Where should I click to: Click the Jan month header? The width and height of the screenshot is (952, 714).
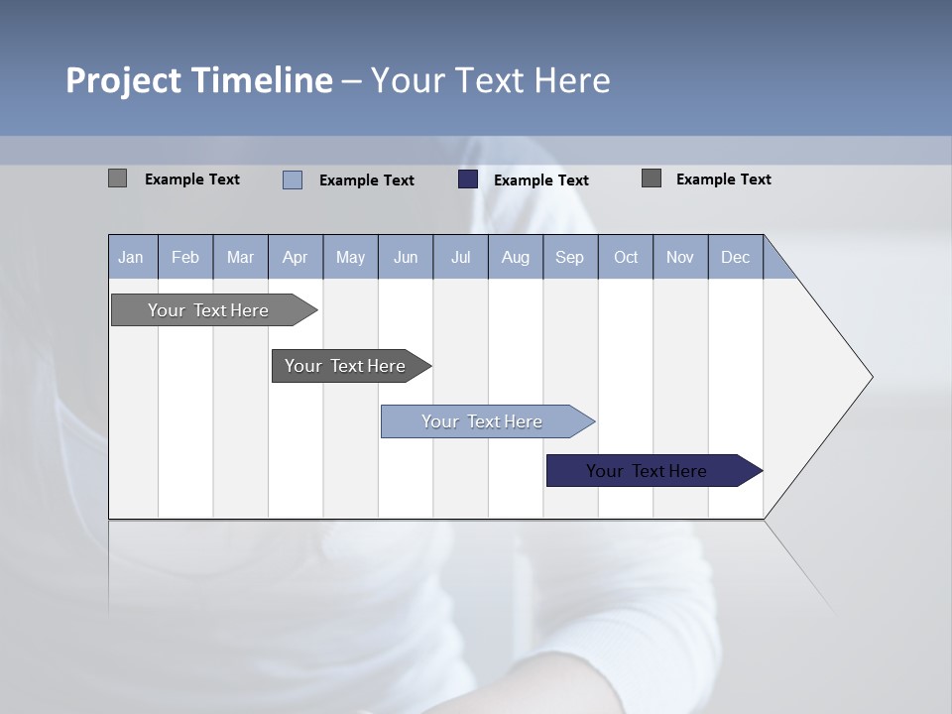(131, 257)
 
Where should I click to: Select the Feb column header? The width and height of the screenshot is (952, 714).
(185, 257)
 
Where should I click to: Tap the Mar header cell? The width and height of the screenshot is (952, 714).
(240, 257)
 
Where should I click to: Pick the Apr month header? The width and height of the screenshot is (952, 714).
(296, 257)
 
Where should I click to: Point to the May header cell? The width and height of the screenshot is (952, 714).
(350, 257)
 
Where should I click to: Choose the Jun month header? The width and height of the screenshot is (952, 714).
(406, 257)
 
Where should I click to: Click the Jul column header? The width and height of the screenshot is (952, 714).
(460, 257)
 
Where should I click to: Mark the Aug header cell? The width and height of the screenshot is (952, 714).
(516, 257)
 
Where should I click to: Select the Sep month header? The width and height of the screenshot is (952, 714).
(570, 257)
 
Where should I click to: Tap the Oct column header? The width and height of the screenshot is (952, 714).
(626, 257)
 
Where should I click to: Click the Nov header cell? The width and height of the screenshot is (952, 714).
(680, 257)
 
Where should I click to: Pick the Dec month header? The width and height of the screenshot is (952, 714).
(736, 257)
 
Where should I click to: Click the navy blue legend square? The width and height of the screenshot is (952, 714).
(468, 179)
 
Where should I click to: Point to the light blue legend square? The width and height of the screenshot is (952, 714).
(293, 179)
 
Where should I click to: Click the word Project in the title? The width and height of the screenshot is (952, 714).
(123, 80)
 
